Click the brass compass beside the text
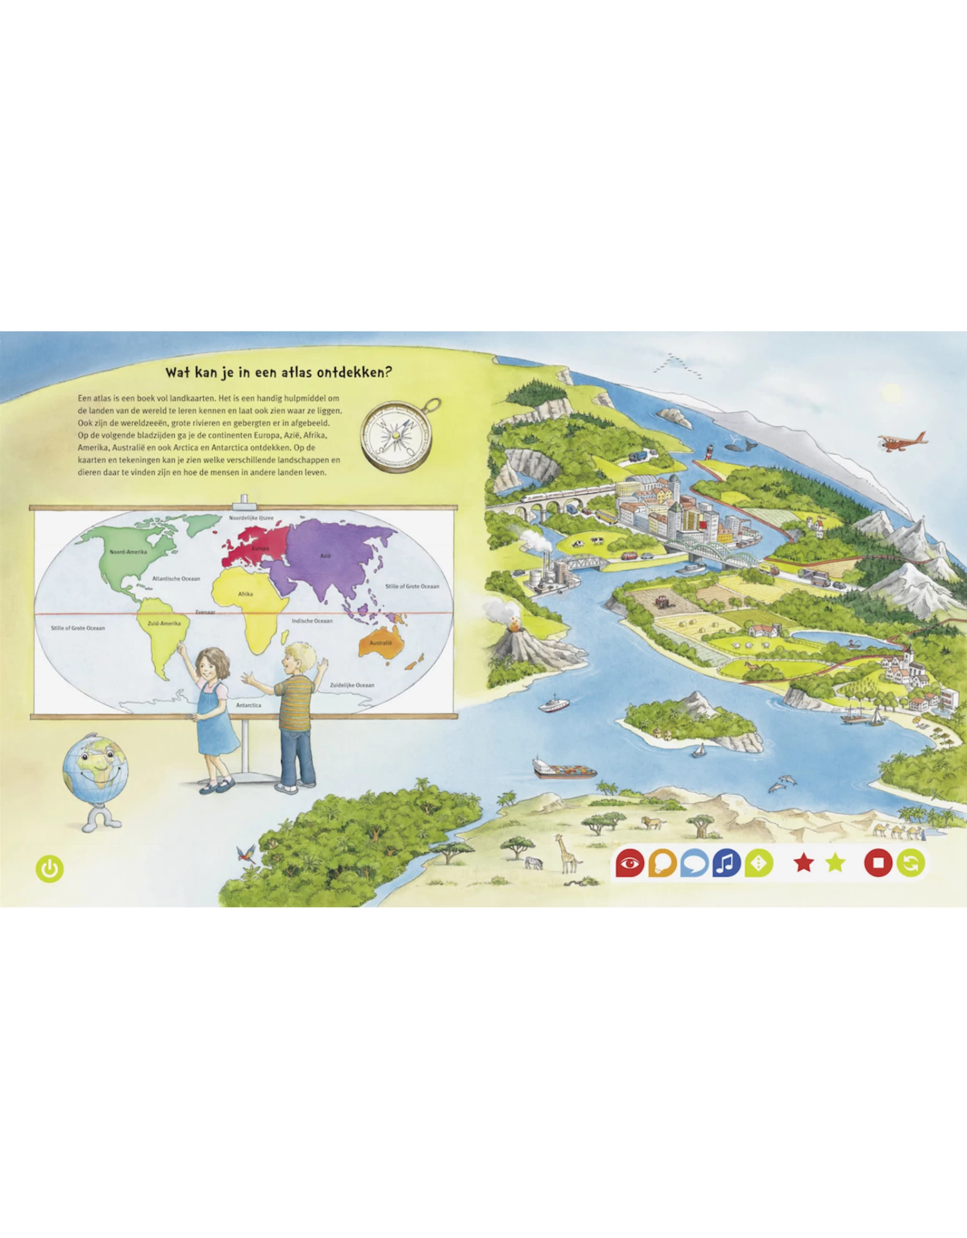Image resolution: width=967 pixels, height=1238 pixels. [x=396, y=436]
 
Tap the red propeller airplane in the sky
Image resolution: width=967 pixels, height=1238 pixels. [x=901, y=442]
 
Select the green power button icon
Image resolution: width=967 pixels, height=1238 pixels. [x=50, y=869]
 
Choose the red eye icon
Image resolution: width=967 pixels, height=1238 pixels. [x=629, y=863]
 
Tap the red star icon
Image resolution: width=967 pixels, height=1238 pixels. [x=803, y=862]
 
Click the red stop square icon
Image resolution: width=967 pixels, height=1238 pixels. [x=877, y=863]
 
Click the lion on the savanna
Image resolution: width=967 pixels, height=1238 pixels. [x=653, y=822]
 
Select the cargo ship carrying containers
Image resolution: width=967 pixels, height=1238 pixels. [x=564, y=769]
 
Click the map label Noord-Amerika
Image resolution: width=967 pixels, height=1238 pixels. [x=128, y=552]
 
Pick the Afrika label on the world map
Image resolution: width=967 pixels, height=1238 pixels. [x=246, y=594]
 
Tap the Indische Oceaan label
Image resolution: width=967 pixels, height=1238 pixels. [x=312, y=621]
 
